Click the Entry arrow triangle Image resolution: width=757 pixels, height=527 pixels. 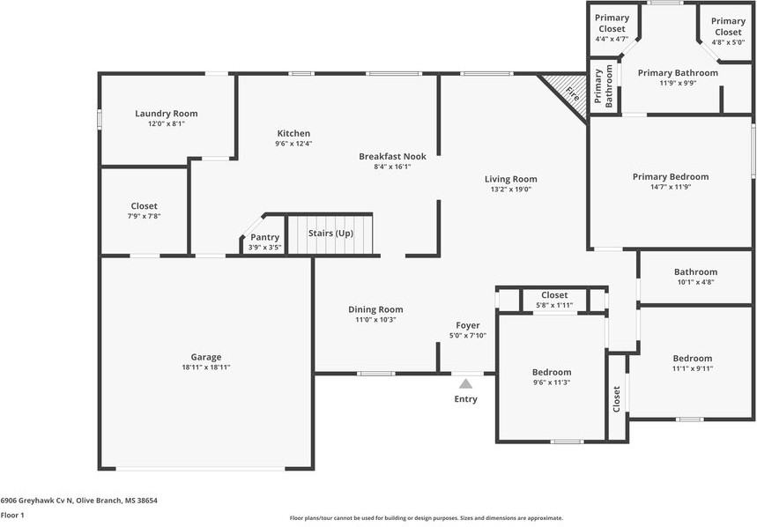tap(465, 384)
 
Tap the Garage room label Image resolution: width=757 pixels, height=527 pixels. tap(206, 357)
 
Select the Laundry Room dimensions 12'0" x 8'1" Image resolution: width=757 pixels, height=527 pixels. tap(167, 123)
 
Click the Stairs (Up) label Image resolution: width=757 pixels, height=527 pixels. tap(330, 234)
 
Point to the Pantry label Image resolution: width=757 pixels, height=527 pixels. tap(264, 237)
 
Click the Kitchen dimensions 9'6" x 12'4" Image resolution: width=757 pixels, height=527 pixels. tap(293, 144)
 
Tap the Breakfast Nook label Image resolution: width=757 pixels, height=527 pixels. tap(392, 156)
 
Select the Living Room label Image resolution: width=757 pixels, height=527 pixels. tap(511, 179)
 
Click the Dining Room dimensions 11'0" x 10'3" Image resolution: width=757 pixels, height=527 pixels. tap(375, 320)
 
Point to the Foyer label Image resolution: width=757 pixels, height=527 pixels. tap(468, 326)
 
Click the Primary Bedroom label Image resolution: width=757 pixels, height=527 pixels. tap(671, 176)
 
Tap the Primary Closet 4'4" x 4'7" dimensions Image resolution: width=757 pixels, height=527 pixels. tap(612, 39)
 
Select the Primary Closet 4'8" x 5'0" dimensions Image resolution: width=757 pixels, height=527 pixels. tap(728, 42)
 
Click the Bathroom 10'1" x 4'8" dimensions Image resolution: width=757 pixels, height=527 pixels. tap(695, 282)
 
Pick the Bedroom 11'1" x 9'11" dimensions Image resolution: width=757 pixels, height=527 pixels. tap(693, 368)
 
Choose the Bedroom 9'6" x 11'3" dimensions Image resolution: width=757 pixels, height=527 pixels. tap(552, 382)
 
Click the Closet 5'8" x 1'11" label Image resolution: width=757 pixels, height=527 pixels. tap(554, 295)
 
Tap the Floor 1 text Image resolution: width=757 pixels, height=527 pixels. tap(12, 515)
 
